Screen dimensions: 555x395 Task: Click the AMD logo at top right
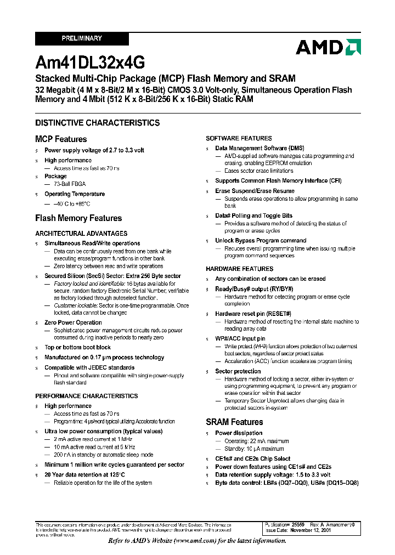click(328, 47)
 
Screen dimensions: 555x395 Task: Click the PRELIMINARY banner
click(82, 38)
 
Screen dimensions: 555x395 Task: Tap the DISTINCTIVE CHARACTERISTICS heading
click(97, 123)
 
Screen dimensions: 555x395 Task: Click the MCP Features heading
click(61, 139)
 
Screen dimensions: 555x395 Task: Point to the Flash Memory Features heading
click(78, 218)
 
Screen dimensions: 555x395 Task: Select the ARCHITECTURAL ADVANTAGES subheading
click(81, 233)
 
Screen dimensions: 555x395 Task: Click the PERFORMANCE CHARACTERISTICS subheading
click(87, 396)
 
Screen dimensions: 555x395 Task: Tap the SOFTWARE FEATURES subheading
click(239, 138)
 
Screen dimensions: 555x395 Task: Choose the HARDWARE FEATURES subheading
click(239, 269)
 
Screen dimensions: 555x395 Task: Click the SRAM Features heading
click(234, 422)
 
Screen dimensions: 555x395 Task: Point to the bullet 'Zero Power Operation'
click(73, 322)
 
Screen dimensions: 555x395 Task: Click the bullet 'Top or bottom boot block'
click(77, 347)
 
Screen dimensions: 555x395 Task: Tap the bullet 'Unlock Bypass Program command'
click(261, 240)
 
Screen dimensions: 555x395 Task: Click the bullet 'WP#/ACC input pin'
click(240, 338)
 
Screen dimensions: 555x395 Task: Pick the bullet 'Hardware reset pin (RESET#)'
click(253, 314)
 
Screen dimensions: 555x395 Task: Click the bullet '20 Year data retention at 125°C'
click(84, 474)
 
